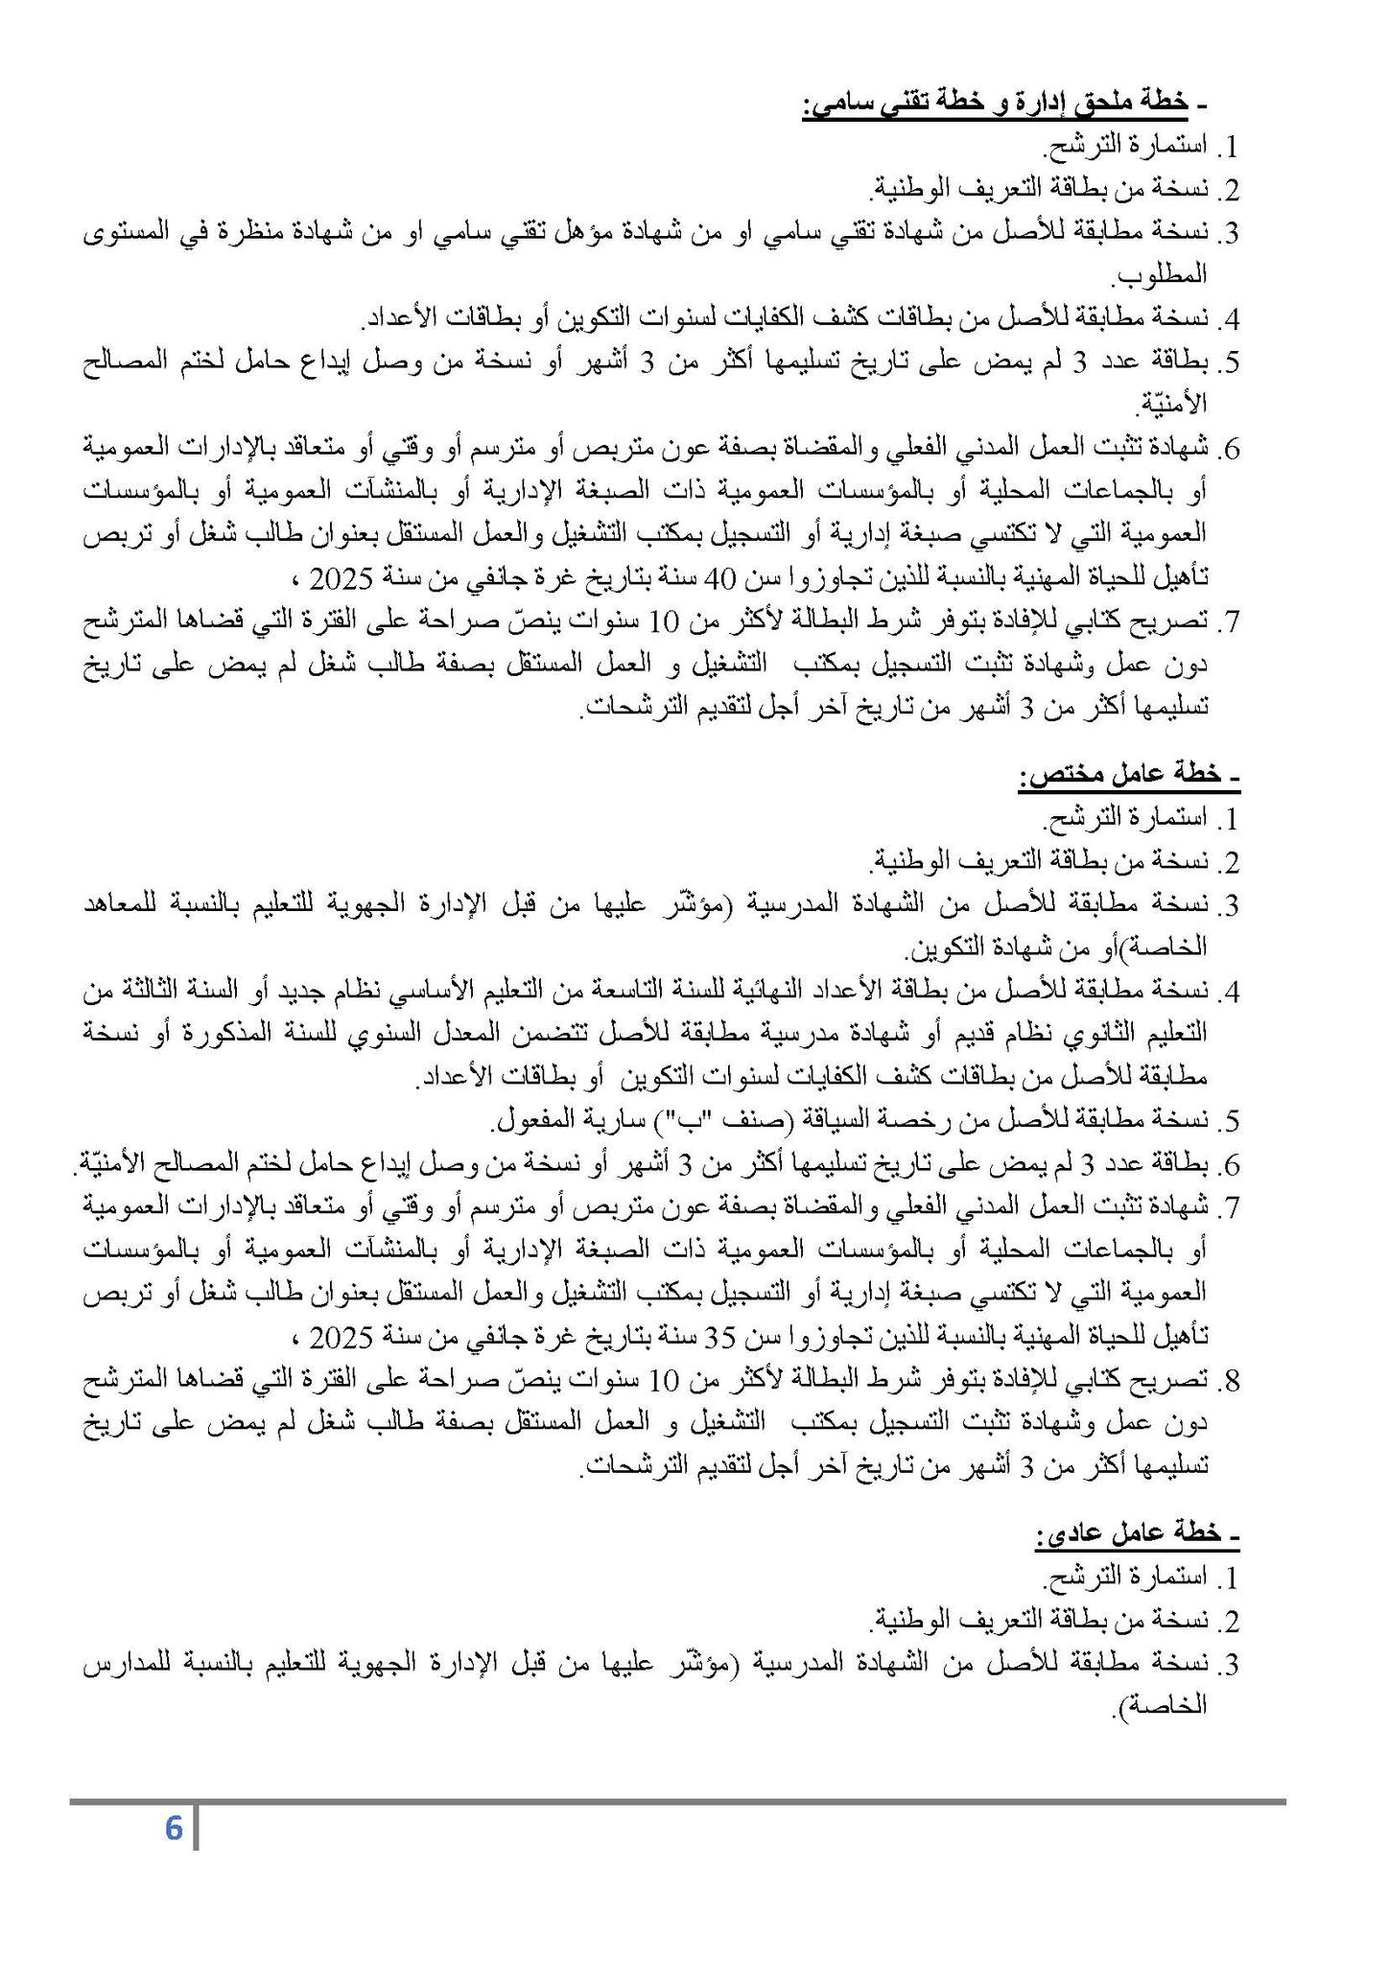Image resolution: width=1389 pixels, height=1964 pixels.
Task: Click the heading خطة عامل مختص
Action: pos(1130,776)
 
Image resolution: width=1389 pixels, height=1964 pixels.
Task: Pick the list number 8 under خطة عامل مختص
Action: pos(1231,1380)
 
